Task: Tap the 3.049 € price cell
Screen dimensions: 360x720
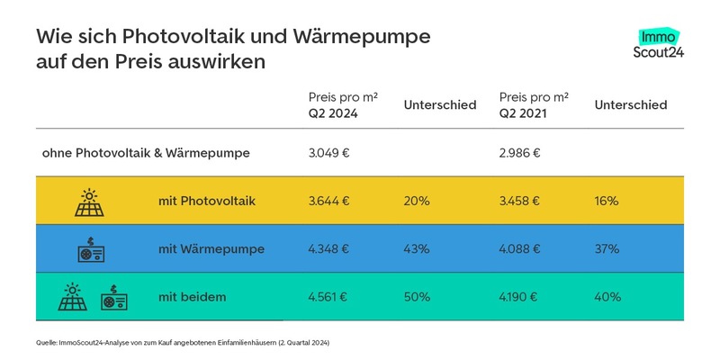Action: (x=328, y=153)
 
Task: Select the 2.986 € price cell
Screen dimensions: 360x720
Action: (x=519, y=153)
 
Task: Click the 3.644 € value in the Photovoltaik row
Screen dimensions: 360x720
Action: (x=329, y=201)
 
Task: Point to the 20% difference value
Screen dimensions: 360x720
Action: (x=417, y=201)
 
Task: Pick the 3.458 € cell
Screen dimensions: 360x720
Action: (x=520, y=201)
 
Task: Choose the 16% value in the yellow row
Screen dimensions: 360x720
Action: (x=607, y=201)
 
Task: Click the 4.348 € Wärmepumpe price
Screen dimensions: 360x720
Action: (x=329, y=249)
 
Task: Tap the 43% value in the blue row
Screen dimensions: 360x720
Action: (x=417, y=249)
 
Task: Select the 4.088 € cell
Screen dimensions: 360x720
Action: (x=520, y=249)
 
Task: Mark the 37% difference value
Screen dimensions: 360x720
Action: (x=607, y=249)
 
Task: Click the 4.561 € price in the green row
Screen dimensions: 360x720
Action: (x=329, y=297)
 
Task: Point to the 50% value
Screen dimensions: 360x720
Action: (x=417, y=297)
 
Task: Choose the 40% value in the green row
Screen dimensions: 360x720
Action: (x=607, y=297)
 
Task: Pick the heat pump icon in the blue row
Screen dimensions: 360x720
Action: (x=92, y=249)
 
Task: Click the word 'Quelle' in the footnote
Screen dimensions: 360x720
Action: (x=47, y=343)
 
